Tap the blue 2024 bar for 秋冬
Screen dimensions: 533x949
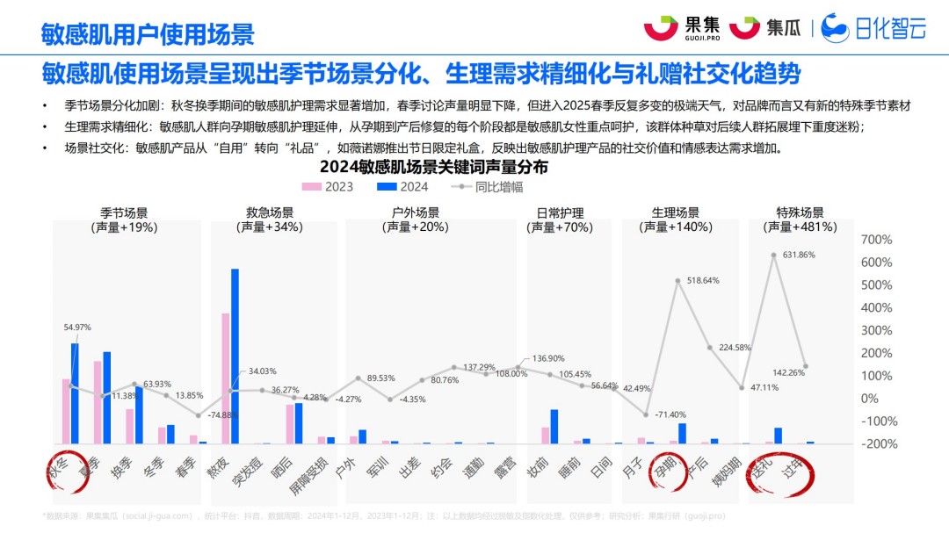pos(75,393)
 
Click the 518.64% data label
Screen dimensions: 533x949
pos(698,281)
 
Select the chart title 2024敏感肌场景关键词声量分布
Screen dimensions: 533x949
pos(433,167)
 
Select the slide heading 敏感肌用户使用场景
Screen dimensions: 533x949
pos(148,33)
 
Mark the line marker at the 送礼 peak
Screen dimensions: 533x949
pos(773,255)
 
